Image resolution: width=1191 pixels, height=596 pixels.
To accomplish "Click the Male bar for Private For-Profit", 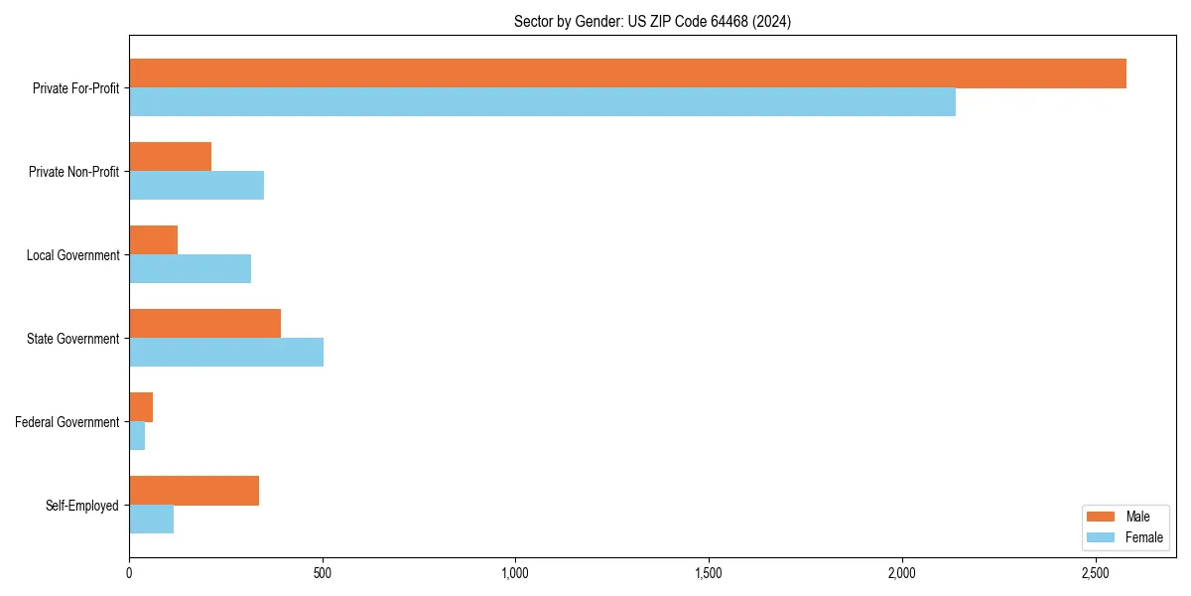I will coord(627,74).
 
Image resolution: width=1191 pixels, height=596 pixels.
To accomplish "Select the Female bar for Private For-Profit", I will coord(542,101).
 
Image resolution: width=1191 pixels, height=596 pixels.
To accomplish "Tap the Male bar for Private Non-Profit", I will coord(170,157).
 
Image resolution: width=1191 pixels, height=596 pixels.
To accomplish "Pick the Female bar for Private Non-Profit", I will coord(197,185).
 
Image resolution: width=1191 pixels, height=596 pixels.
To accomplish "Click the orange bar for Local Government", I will coord(153,240).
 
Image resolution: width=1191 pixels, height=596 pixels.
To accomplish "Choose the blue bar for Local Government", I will coord(190,268).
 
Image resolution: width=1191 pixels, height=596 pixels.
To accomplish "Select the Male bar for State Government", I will coord(204,324).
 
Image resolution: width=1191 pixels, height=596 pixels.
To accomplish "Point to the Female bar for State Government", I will coord(226,352).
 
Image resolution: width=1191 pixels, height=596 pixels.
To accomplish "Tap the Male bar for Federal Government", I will coord(141,407).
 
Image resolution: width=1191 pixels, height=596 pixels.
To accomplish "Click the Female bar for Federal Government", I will coord(137,435).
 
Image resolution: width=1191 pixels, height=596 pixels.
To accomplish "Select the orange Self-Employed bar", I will coord(194,491).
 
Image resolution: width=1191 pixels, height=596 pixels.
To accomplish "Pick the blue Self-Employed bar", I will coord(151,519).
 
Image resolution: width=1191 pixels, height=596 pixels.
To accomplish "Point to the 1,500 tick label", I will coord(709,573).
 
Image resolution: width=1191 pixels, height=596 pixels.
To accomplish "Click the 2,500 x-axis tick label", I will coord(1095,573).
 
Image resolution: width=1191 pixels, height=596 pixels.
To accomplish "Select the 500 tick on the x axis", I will coord(322,573).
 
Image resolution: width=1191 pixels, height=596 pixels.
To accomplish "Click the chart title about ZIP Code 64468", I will coord(652,21).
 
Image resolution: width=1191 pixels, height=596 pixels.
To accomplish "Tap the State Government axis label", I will coord(72,339).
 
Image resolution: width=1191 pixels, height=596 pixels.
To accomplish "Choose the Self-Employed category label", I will coord(81,506).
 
